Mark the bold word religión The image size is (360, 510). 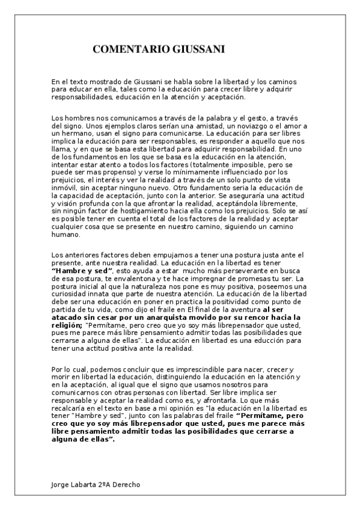70,324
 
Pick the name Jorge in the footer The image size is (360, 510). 60,485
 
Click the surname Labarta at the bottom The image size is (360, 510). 87,485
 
